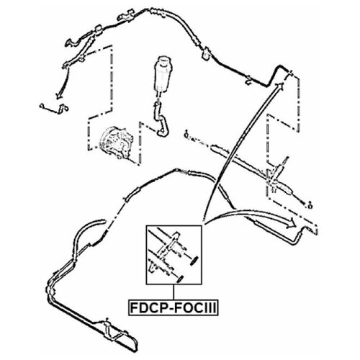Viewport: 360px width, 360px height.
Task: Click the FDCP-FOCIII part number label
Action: point(174,307)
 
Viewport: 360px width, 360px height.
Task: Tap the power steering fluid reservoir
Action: point(162,74)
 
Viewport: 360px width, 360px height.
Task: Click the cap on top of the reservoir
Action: point(163,60)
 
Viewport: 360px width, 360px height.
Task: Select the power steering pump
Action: point(117,143)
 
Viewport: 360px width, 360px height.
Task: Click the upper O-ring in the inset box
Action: point(194,261)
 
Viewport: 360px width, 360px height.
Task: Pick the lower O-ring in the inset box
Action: point(180,279)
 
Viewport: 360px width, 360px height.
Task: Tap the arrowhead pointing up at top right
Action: point(280,86)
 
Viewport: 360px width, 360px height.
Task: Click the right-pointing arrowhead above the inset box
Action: point(290,222)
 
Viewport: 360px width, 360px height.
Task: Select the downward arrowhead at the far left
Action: point(59,95)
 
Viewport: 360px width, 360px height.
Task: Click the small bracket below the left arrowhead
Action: point(55,108)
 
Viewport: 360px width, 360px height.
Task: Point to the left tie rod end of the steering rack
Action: point(186,135)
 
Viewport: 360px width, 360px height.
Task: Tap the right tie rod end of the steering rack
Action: point(310,204)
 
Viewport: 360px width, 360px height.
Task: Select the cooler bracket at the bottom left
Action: point(117,333)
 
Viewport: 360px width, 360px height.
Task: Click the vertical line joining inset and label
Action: point(174,292)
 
